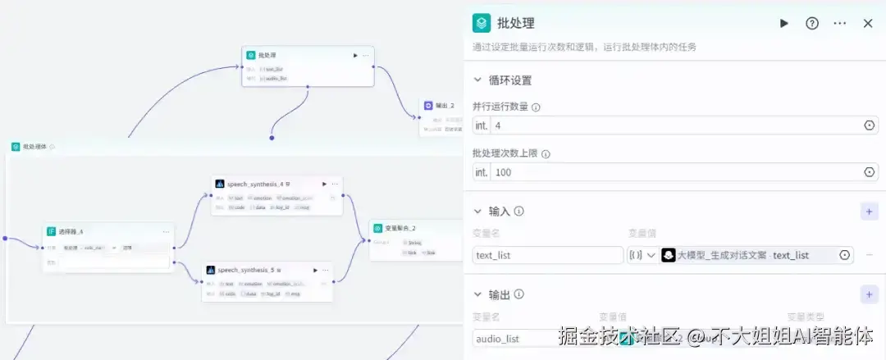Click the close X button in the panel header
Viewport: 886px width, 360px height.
click(868, 23)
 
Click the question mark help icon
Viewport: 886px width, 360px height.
click(812, 23)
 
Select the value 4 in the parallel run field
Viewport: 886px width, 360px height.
click(498, 125)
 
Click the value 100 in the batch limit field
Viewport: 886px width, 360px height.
click(504, 172)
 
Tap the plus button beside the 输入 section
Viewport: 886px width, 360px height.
click(869, 212)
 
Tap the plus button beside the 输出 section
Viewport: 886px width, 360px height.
click(869, 294)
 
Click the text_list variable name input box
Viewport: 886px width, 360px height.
click(547, 255)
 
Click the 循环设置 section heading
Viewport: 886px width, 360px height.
click(510, 80)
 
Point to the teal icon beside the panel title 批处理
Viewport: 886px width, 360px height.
click(482, 23)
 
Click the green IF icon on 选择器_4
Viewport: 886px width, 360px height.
click(51, 231)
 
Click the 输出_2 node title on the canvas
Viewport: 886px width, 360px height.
click(445, 106)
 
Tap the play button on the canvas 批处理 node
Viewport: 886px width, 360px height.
click(355, 56)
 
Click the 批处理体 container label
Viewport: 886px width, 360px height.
click(34, 147)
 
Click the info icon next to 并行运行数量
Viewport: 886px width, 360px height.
click(536, 107)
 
